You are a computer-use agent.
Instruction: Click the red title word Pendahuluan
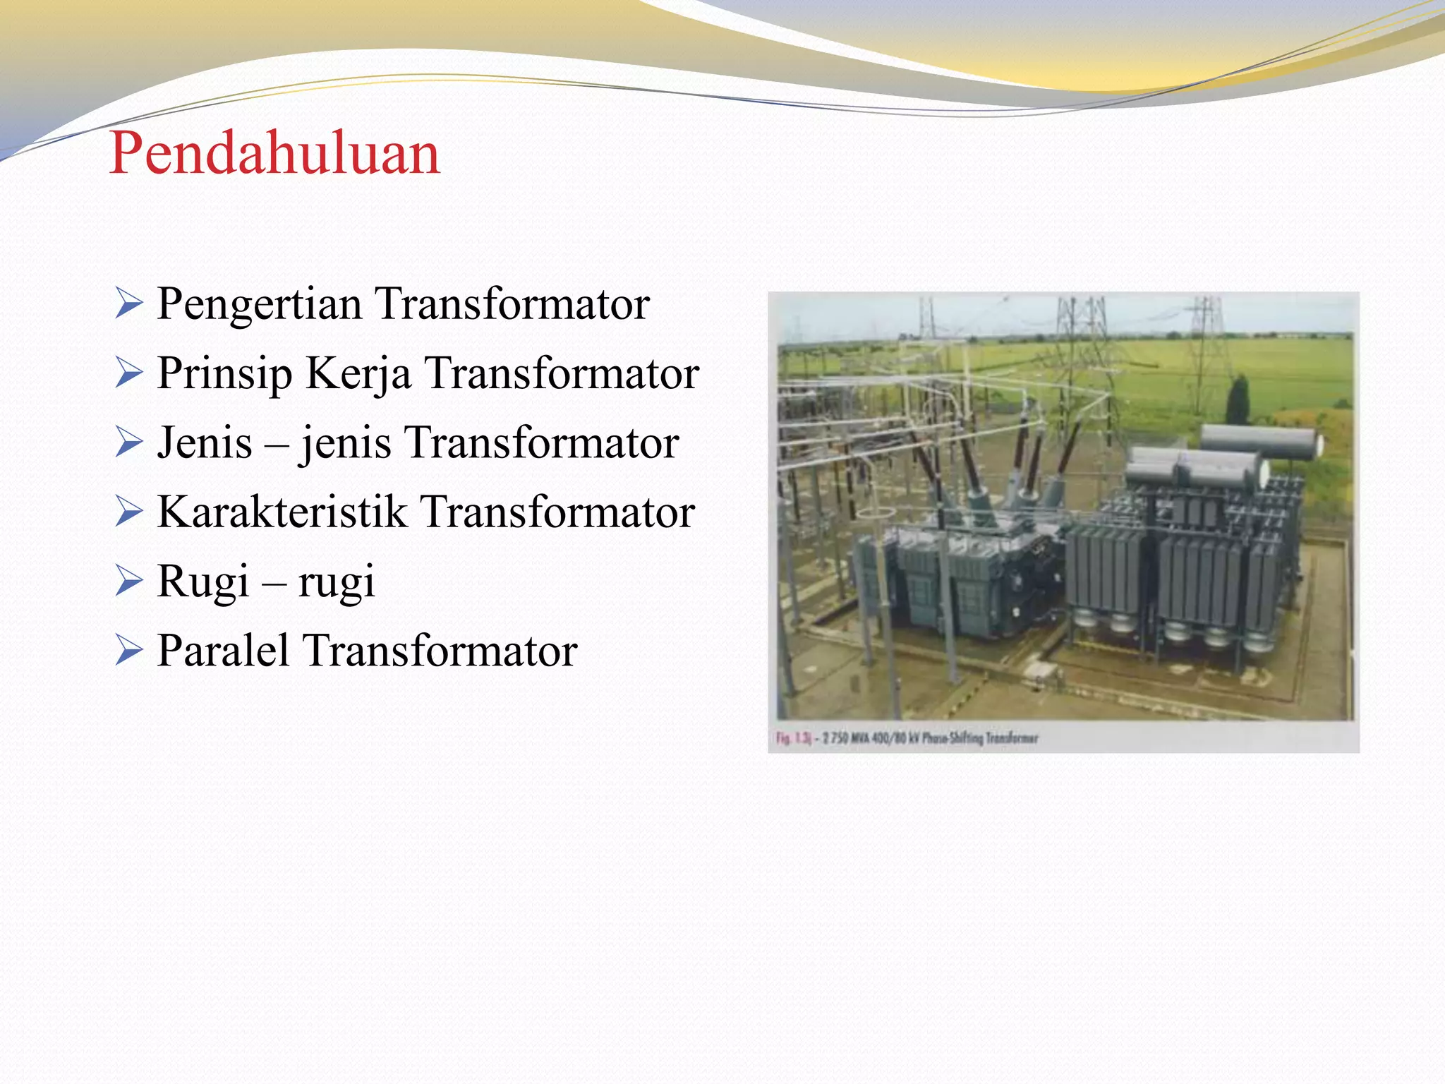(x=274, y=153)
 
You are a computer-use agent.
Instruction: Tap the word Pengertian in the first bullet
(x=259, y=304)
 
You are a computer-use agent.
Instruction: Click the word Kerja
(x=358, y=373)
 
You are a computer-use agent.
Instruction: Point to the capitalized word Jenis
(x=205, y=442)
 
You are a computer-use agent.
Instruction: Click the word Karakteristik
(x=282, y=512)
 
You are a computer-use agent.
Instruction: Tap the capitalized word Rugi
(x=203, y=581)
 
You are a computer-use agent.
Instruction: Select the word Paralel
(x=223, y=650)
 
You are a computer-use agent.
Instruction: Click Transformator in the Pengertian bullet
(x=512, y=304)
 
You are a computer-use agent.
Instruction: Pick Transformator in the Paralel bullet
(x=440, y=650)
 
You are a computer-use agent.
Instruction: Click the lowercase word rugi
(x=336, y=582)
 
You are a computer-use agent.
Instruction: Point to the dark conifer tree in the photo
(x=1238, y=400)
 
